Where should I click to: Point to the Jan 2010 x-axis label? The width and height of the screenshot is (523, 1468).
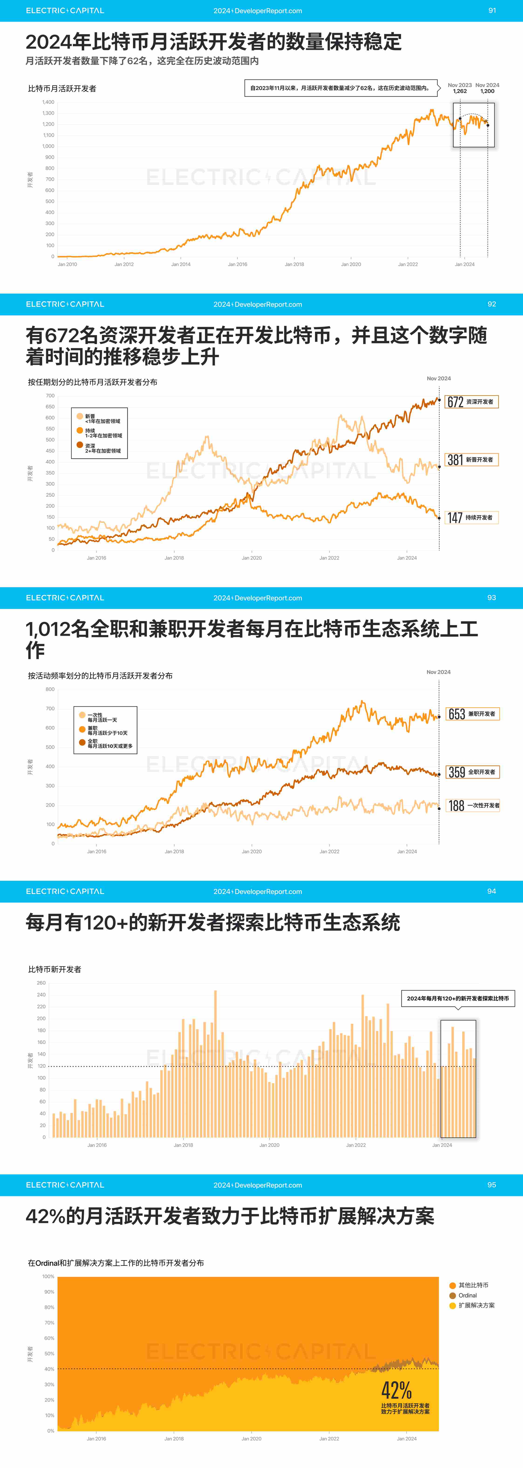click(67, 265)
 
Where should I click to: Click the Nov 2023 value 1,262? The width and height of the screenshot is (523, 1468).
click(460, 91)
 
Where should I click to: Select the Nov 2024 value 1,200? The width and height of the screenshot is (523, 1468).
click(487, 91)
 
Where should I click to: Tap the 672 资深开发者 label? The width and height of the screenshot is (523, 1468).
click(471, 402)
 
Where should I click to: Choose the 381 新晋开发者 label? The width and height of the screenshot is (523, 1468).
click(471, 460)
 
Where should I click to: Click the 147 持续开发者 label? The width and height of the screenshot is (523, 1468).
click(471, 517)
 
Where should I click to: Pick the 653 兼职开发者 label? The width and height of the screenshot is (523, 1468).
click(472, 714)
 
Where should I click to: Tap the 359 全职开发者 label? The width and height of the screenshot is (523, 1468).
click(472, 772)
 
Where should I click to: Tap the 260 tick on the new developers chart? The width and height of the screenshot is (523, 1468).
click(41, 983)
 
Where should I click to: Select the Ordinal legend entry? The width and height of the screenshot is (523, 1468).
click(467, 1295)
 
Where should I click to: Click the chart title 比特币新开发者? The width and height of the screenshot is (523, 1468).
click(55, 969)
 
